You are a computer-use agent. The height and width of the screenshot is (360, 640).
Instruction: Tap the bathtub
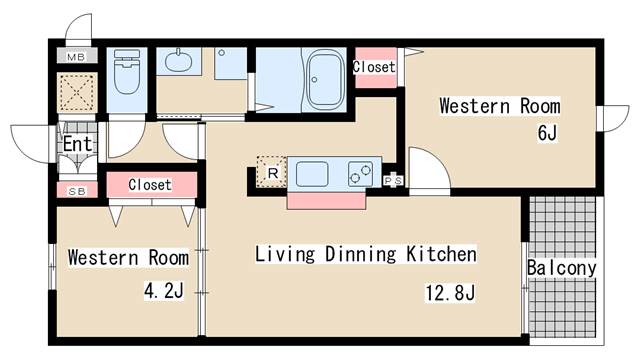tap(324, 79)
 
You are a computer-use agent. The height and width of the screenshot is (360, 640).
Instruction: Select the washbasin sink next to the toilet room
tap(178, 61)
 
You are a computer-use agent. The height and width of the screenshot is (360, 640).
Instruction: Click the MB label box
tap(76, 56)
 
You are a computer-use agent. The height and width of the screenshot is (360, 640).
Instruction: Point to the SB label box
tap(77, 191)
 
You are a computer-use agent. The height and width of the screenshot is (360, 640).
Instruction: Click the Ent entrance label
tap(77, 144)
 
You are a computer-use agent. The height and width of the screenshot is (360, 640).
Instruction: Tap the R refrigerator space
tap(272, 172)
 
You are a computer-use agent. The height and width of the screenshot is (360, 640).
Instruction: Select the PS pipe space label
tap(393, 180)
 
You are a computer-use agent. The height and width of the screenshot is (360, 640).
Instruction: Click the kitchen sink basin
tap(312, 174)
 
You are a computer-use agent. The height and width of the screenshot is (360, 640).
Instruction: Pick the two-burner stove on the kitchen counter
tap(360, 174)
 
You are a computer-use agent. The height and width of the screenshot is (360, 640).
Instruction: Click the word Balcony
tap(562, 268)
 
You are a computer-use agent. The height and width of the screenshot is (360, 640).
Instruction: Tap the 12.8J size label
tap(450, 292)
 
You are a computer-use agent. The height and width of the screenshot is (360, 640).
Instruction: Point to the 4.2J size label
tap(164, 291)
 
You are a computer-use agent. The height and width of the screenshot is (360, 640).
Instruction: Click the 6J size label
tap(547, 132)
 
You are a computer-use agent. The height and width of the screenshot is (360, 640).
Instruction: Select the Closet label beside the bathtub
tap(374, 67)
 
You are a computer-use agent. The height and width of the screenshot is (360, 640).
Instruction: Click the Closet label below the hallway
tap(150, 185)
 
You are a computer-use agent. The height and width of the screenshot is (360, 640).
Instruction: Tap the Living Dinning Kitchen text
tap(366, 254)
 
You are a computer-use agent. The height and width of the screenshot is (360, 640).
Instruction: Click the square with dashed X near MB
tap(77, 93)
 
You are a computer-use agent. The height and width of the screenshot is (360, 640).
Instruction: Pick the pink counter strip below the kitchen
tap(327, 201)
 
